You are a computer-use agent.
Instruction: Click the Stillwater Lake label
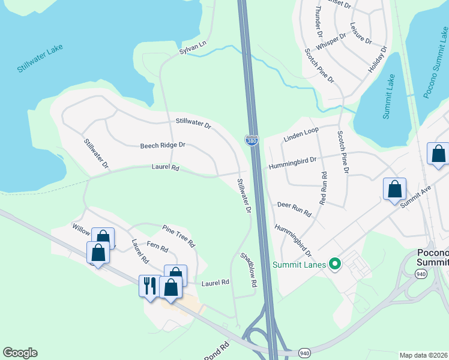coord(40,58)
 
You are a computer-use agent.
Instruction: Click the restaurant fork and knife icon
coord(148,285)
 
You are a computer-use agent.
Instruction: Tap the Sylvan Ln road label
coord(193,49)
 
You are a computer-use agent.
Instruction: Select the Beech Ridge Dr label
coord(163,145)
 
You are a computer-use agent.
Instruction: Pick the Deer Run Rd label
coord(294,209)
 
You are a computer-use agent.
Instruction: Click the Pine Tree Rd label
coord(179,236)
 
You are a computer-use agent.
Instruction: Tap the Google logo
coord(20,353)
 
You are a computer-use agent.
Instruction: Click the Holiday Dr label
coord(379,59)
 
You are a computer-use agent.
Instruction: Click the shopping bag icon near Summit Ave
coord(394,189)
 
